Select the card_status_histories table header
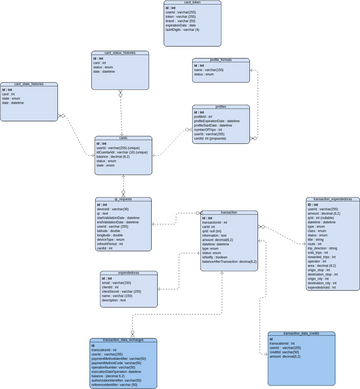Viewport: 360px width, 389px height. pos(120,53)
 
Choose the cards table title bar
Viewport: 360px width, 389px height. pos(123,139)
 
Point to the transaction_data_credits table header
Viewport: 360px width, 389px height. pos(299,332)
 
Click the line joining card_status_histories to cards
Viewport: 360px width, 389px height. pos(121,114)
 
